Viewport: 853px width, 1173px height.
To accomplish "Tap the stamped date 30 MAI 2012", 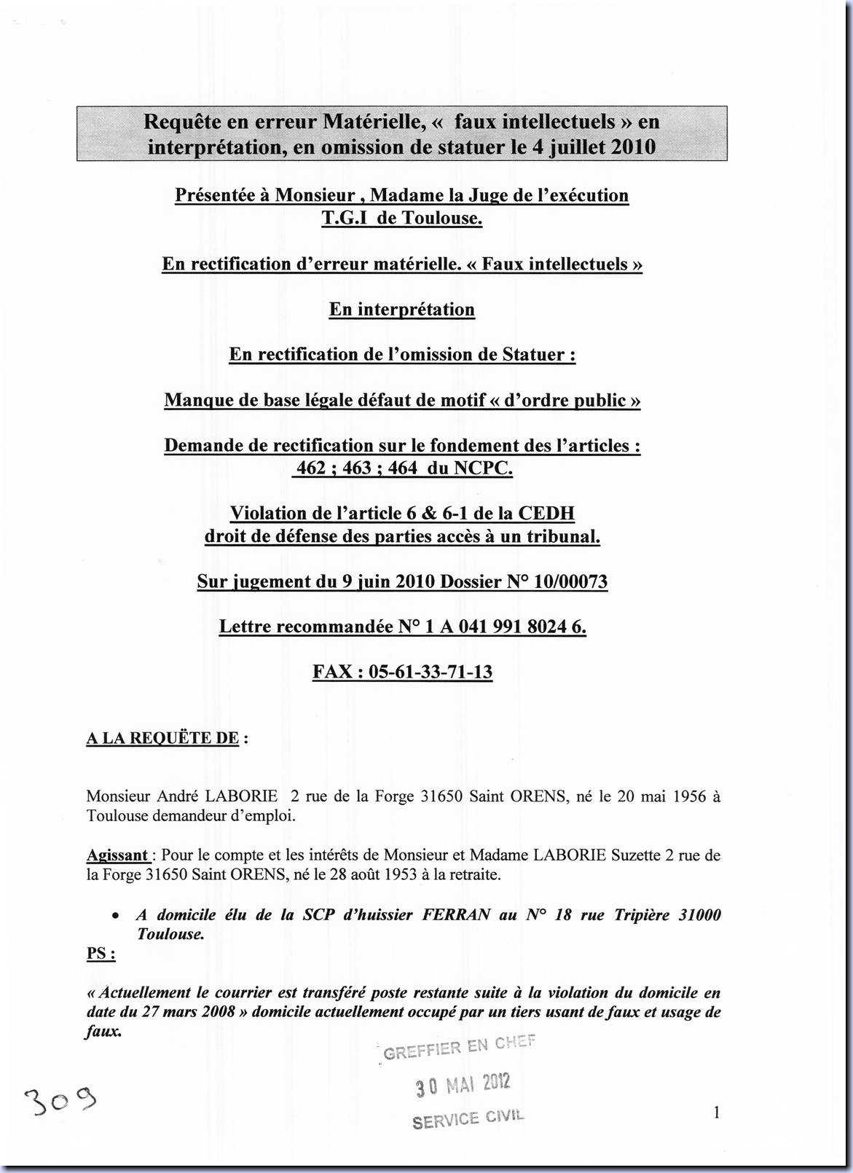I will (x=463, y=1085).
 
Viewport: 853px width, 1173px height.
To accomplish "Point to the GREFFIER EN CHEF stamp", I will (x=459, y=1047).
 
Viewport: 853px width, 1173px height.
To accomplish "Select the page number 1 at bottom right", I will (x=717, y=1112).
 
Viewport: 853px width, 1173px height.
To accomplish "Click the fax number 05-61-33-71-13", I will (x=431, y=671).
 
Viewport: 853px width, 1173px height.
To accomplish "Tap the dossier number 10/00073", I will (x=571, y=581).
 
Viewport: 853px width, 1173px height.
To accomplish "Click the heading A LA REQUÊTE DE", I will (x=162, y=738).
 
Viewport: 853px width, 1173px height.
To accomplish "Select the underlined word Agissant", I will (x=117, y=855).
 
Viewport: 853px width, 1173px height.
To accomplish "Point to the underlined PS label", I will (x=101, y=953).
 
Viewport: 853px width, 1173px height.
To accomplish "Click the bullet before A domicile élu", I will (x=115, y=916).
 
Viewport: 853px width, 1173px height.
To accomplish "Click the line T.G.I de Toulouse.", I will (x=402, y=218).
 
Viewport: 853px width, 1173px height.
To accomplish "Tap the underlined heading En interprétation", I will (x=402, y=309).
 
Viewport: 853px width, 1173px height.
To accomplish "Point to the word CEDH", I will (x=546, y=513).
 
